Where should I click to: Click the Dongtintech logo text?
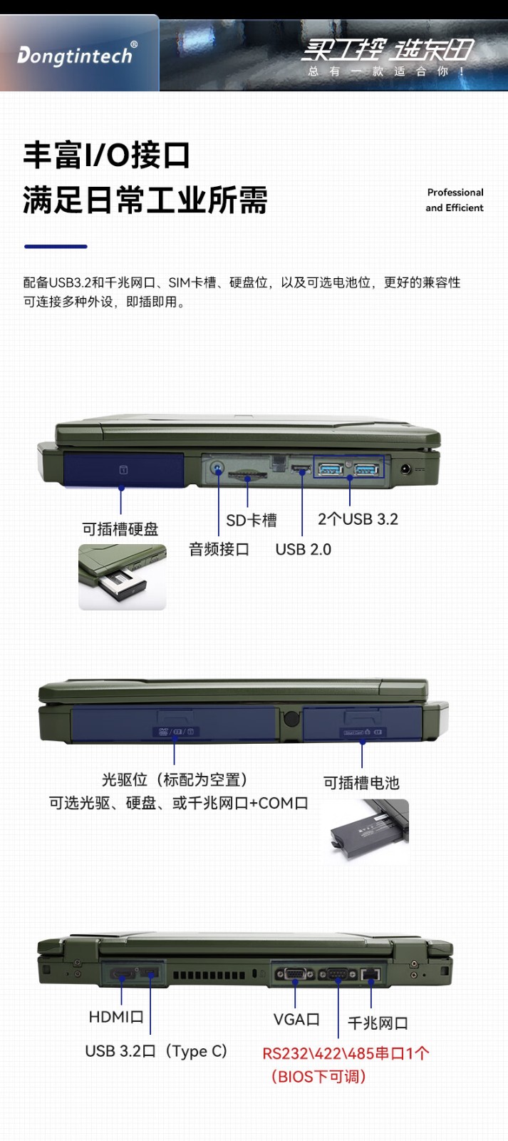click(75, 55)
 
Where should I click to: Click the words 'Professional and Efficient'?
click(455, 200)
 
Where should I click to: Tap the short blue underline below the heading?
click(56, 247)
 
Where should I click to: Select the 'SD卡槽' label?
click(252, 520)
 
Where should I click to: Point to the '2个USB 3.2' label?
click(358, 519)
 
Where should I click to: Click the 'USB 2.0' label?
click(304, 550)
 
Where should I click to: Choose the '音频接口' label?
click(219, 549)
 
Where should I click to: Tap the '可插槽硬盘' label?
click(120, 529)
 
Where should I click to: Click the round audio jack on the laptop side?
click(218, 468)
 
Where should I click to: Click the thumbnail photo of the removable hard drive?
click(122, 577)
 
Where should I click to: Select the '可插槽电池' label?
click(361, 782)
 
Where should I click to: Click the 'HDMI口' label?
click(116, 1017)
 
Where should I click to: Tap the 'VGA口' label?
click(296, 1019)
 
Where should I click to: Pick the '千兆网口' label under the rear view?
click(378, 1023)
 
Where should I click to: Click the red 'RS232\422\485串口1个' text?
click(346, 1053)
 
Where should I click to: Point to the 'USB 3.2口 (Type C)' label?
click(156, 1051)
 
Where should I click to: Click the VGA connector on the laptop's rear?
click(295, 974)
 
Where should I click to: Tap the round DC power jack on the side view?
click(405, 469)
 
